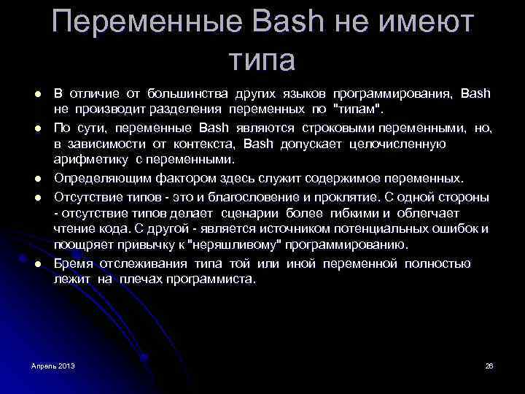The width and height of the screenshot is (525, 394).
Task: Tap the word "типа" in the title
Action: tap(261, 59)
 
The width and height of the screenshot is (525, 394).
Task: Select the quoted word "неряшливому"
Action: tap(241, 245)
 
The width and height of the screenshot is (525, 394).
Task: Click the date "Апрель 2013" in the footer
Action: tap(53, 364)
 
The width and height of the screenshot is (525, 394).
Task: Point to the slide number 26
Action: tap(489, 364)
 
